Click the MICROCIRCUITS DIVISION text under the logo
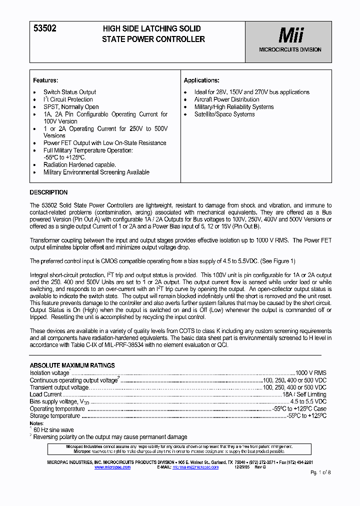[290, 50]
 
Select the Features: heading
[45, 80]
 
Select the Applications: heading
[201, 80]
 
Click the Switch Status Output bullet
[69, 92]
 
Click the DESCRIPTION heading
[48, 192]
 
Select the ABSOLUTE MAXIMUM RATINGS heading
[72, 365]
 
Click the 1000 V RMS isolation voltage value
[310, 373]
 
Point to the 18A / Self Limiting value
[304, 394]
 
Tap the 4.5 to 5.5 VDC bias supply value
[308, 401]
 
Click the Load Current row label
[46, 394]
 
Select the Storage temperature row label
[55, 416]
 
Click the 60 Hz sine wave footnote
[53, 430]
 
